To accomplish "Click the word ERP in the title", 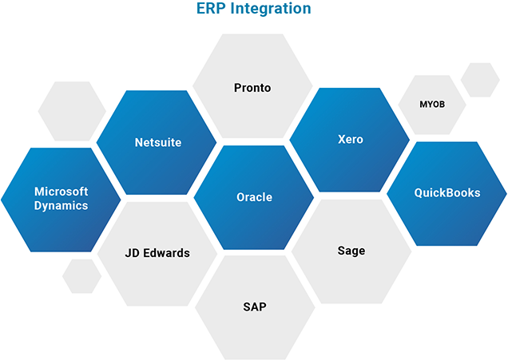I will (210, 10).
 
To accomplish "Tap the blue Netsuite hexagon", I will (157, 143).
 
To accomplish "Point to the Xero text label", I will (350, 139).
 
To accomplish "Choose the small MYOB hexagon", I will (431, 105).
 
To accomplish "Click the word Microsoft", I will (61, 192).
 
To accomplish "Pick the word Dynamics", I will (61, 205).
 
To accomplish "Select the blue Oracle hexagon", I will (254, 196).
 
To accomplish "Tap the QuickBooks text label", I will (446, 192).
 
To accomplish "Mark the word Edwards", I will (168, 253).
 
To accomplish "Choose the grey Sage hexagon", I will (351, 251).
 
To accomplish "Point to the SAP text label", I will (254, 307).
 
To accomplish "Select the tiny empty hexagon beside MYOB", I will (480, 80).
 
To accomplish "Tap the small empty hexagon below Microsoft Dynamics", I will (81, 275).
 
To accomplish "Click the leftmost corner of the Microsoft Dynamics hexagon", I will (2, 199).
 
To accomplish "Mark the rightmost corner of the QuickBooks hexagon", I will (506, 193).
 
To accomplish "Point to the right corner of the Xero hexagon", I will (409, 140).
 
